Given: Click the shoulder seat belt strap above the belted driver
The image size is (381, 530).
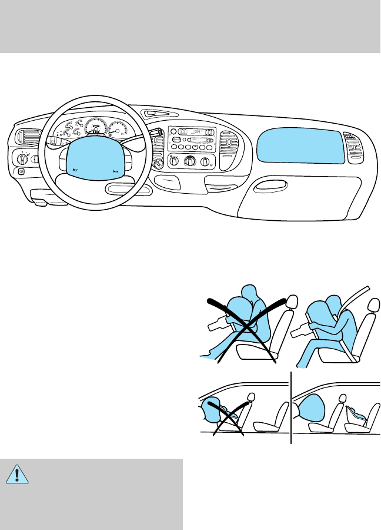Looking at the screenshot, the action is (x=355, y=298).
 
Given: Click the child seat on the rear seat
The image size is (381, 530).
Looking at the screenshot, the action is (x=358, y=416).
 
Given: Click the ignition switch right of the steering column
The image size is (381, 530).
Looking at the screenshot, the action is (x=157, y=163).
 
